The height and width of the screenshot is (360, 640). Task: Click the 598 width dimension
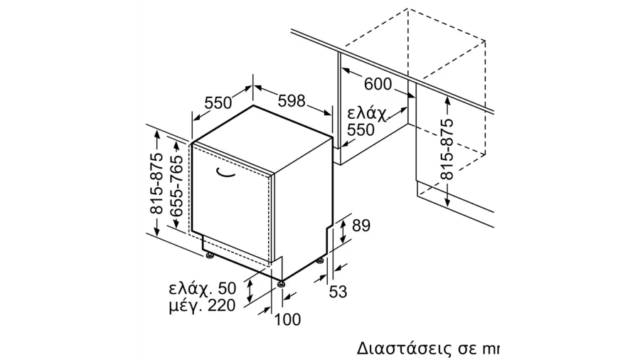[292, 100]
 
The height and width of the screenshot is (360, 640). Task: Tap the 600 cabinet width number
[378, 84]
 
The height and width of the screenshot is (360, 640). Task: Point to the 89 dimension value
[361, 226]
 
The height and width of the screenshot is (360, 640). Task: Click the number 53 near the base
[338, 292]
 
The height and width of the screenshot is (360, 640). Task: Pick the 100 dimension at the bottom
[287, 319]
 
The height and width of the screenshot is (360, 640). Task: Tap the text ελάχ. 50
[203, 288]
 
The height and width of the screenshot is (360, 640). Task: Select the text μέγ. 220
[203, 305]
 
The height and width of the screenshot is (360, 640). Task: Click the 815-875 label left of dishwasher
[156, 184]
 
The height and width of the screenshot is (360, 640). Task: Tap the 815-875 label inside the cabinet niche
[447, 149]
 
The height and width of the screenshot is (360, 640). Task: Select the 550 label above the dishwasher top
[218, 102]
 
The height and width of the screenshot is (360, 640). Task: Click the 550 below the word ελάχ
[361, 129]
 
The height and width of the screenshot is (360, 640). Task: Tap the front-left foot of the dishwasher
[210, 255]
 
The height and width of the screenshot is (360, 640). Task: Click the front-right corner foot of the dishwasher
[280, 284]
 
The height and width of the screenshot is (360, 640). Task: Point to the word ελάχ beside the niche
[366, 114]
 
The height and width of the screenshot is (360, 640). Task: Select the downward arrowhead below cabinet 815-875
[448, 203]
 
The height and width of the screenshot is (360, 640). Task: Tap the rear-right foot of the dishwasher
[320, 260]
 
